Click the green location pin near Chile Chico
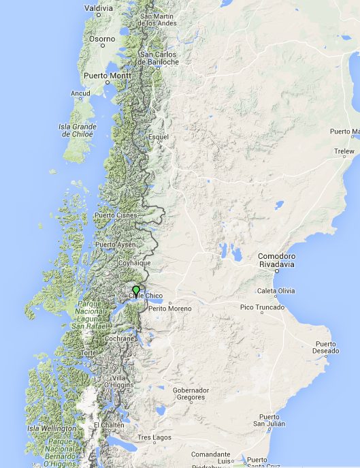click(x=136, y=291)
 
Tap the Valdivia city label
click(x=99, y=7)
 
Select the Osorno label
click(x=102, y=39)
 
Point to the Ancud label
click(x=80, y=93)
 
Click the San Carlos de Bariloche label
click(x=159, y=58)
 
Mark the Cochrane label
click(x=120, y=339)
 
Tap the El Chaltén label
click(x=109, y=424)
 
